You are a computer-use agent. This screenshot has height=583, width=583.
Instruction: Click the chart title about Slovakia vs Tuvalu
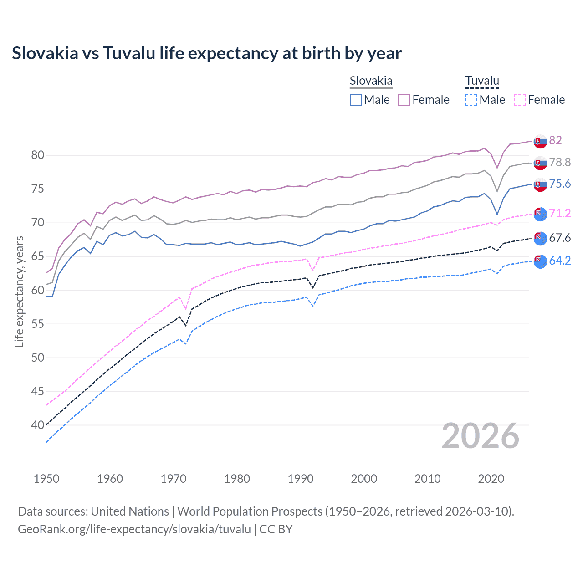click(x=207, y=53)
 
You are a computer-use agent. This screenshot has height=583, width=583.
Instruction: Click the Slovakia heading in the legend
click(x=371, y=81)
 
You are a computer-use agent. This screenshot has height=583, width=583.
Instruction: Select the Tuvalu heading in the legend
click(x=482, y=81)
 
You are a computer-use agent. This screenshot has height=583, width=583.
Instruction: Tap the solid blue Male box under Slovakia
click(x=356, y=100)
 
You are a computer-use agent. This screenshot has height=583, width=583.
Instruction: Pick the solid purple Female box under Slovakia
click(x=404, y=100)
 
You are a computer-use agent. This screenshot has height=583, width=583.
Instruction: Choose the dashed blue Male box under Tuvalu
click(x=471, y=100)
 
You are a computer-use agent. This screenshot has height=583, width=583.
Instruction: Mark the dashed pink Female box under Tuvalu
click(x=520, y=100)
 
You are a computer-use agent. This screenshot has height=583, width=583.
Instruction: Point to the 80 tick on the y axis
click(x=37, y=155)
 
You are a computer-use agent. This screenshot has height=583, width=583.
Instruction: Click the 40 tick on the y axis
click(x=37, y=425)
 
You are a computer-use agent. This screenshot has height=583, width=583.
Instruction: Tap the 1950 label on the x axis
click(x=46, y=479)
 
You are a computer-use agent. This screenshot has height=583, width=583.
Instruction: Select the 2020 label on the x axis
click(x=491, y=479)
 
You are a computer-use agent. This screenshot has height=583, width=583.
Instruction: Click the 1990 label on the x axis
click(x=301, y=479)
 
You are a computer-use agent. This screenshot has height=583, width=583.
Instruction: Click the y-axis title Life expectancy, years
click(x=19, y=291)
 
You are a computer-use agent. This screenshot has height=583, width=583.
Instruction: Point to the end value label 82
click(x=555, y=140)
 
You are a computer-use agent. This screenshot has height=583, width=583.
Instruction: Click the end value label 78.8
click(x=560, y=162)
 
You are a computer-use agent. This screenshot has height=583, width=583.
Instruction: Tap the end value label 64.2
click(x=560, y=261)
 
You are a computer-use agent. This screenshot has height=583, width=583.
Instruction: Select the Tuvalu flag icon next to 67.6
click(x=540, y=238)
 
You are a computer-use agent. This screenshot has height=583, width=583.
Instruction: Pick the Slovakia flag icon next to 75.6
click(x=540, y=184)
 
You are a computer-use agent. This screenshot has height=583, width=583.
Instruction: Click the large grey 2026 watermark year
click(x=480, y=436)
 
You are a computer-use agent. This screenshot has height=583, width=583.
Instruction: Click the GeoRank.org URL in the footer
click(x=134, y=529)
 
